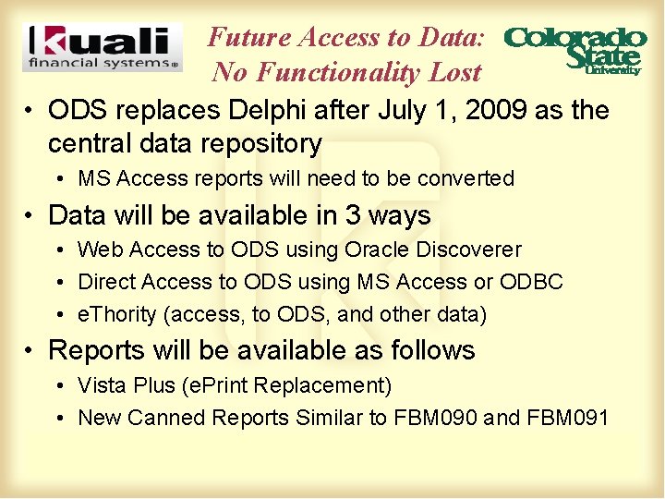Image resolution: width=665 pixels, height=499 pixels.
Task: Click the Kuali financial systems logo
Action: point(102,47)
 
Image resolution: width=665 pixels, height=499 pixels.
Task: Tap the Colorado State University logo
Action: point(574,49)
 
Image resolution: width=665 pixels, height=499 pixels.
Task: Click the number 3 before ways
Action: point(354,216)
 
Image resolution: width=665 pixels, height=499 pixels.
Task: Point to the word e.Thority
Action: point(117,314)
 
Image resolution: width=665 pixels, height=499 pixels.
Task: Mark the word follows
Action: point(433,351)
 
